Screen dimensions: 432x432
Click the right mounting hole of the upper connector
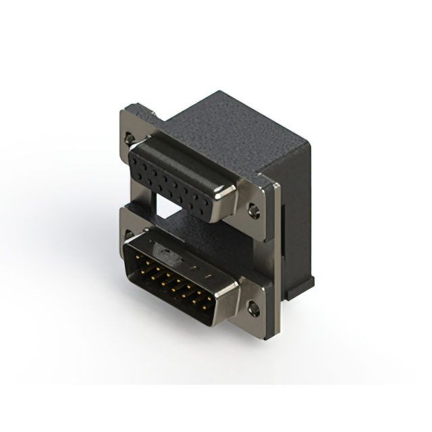coord(254,213)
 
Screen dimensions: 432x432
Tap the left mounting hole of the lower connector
coord(128,236)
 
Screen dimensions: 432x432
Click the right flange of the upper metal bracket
coord(260,202)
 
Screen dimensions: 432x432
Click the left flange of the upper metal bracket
coord(132,128)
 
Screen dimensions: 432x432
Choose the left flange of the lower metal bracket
coord(128,226)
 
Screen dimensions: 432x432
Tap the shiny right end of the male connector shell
coord(226,304)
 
